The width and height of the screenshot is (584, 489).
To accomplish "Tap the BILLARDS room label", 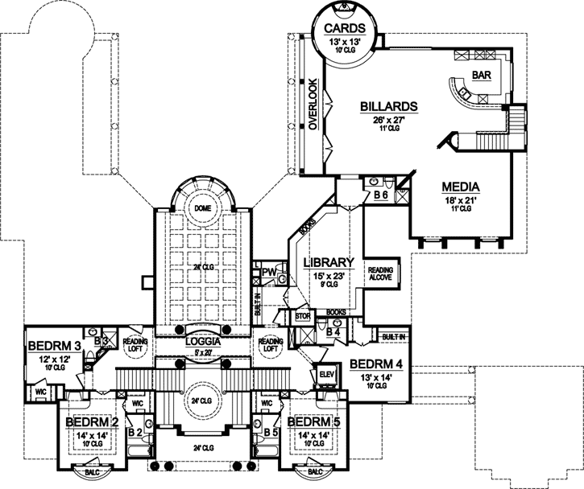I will pyautogui.click(x=387, y=106).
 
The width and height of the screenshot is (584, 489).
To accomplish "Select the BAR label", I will pyautogui.click(x=481, y=76).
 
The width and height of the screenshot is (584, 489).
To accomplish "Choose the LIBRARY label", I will pyautogui.click(x=328, y=262).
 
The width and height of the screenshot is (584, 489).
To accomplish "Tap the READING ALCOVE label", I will pyautogui.click(x=379, y=274).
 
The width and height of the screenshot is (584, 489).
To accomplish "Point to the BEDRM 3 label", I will pyautogui.click(x=52, y=347).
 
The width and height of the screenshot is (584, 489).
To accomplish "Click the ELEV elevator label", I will pyautogui.click(x=327, y=376).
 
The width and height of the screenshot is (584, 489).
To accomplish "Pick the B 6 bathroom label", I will pyautogui.click(x=381, y=195).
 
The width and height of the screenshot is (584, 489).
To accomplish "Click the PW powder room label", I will pyautogui.click(x=268, y=273).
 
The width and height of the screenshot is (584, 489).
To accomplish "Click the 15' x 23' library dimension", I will pyautogui.click(x=328, y=276).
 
